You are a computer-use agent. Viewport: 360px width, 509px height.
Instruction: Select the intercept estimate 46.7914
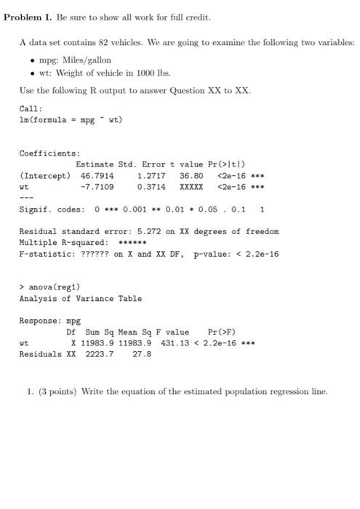tap(97, 175)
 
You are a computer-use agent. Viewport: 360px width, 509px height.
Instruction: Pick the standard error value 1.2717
tap(151, 175)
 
